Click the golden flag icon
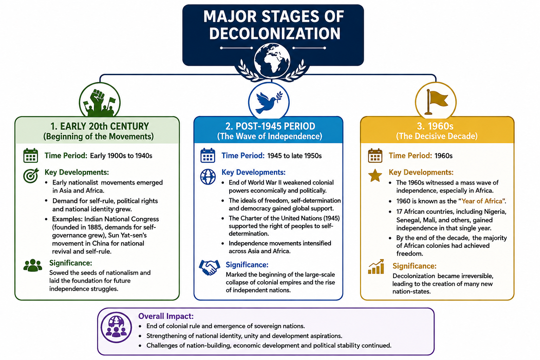point(436,102)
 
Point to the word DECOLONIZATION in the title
point(275,33)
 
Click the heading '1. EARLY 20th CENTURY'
point(99,126)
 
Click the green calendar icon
point(31,155)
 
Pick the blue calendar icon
point(207,155)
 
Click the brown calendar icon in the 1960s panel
point(375,155)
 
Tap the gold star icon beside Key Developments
point(375,175)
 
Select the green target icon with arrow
point(31,175)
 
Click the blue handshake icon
point(209,267)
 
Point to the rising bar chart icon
point(376,266)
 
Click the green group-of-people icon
point(33,265)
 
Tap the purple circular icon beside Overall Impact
point(116,327)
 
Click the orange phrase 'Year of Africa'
point(482,201)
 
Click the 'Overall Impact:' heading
point(166,316)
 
